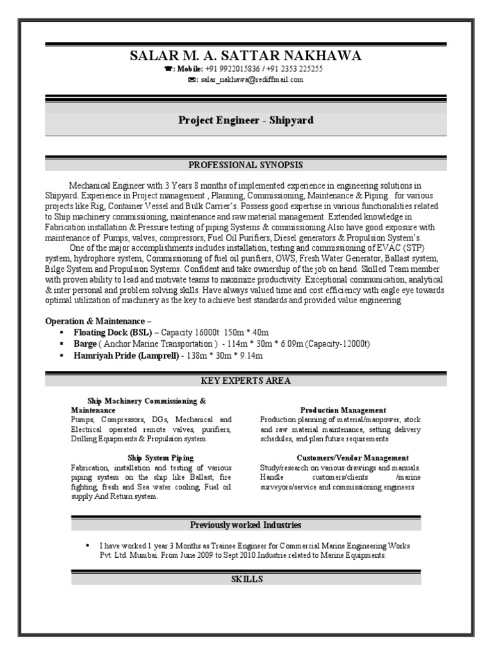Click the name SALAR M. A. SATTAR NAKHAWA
pos(245,56)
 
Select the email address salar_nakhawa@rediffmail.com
pos(252,80)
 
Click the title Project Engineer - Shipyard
pos(245,120)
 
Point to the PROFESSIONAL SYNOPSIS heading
pos(245,164)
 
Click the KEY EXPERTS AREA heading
pos(245,381)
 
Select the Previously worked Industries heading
pos(245,525)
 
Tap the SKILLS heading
pos(245,579)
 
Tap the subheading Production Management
pos(343,409)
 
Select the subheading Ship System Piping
pos(160,457)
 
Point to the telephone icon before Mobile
pos(168,69)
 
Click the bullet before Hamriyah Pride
pos(61,355)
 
